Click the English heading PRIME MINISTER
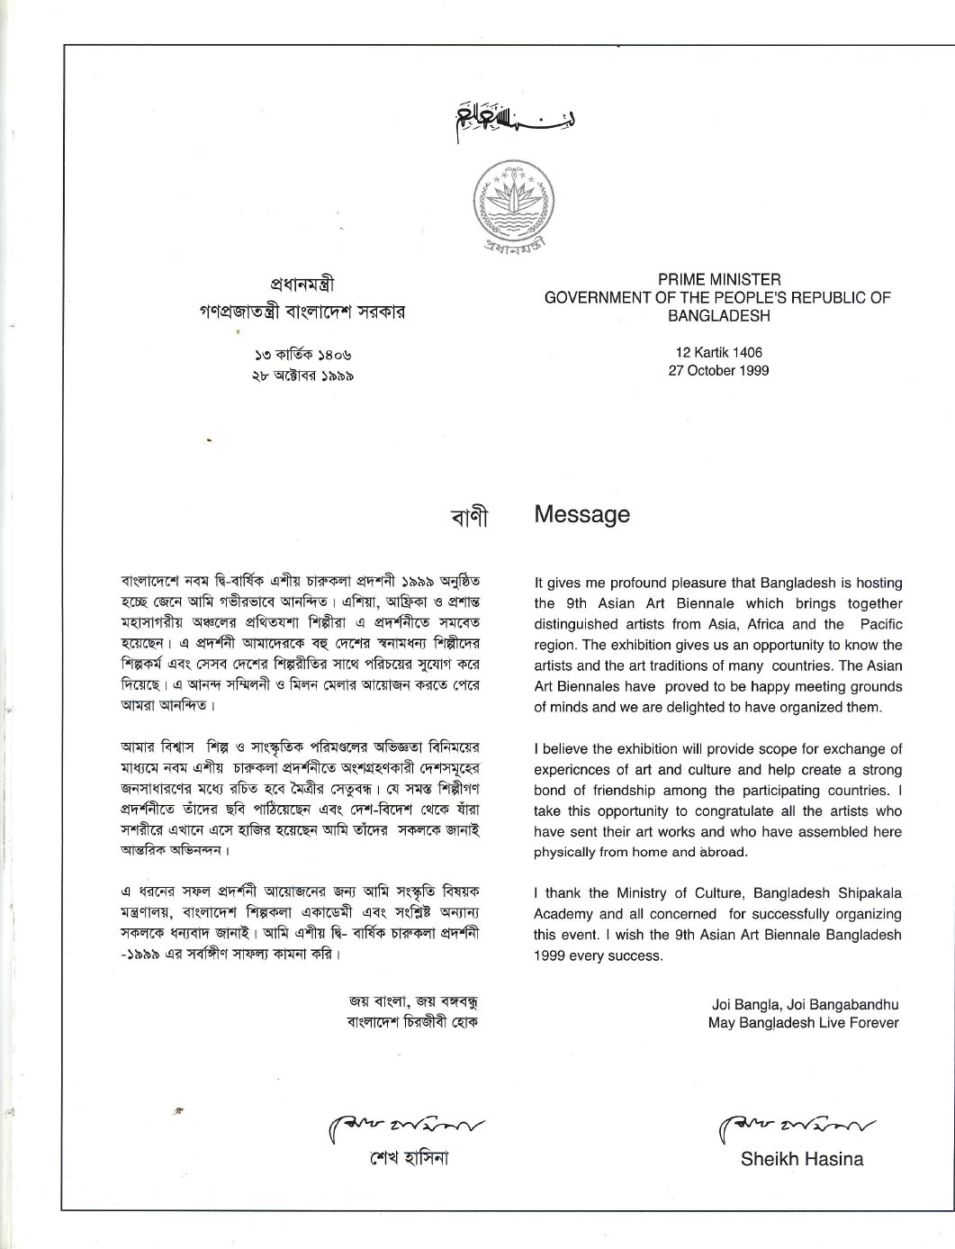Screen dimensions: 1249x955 click(718, 280)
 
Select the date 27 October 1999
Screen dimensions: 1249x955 click(718, 370)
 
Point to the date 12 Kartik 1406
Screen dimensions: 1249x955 click(718, 352)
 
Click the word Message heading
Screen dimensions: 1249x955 click(581, 514)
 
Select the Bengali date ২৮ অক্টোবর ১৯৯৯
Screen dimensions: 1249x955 click(302, 376)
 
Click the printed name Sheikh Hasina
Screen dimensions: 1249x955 click(801, 1159)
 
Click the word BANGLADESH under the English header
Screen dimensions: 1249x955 click(718, 316)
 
